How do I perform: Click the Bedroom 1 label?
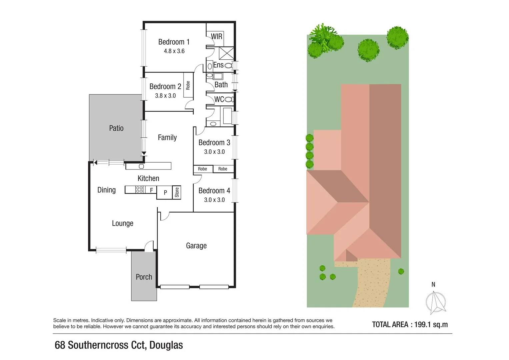tap(174, 42)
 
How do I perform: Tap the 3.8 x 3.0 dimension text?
tap(165, 96)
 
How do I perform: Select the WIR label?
tap(216, 36)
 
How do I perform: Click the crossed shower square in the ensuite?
tap(226, 53)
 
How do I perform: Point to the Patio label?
tap(116, 128)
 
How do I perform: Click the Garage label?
tap(196, 246)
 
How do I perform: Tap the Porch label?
tap(144, 277)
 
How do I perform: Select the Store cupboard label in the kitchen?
tap(177, 192)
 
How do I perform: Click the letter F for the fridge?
tap(151, 190)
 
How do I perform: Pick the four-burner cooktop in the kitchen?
tap(139, 190)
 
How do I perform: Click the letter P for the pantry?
tap(165, 192)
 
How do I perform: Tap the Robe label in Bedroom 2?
tap(188, 85)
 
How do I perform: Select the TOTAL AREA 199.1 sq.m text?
tap(410, 324)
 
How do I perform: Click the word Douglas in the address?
tap(166, 345)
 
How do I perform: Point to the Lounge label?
tap(123, 223)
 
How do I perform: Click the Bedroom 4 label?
tap(214, 191)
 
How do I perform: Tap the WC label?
tap(219, 99)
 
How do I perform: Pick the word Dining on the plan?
tap(106, 190)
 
